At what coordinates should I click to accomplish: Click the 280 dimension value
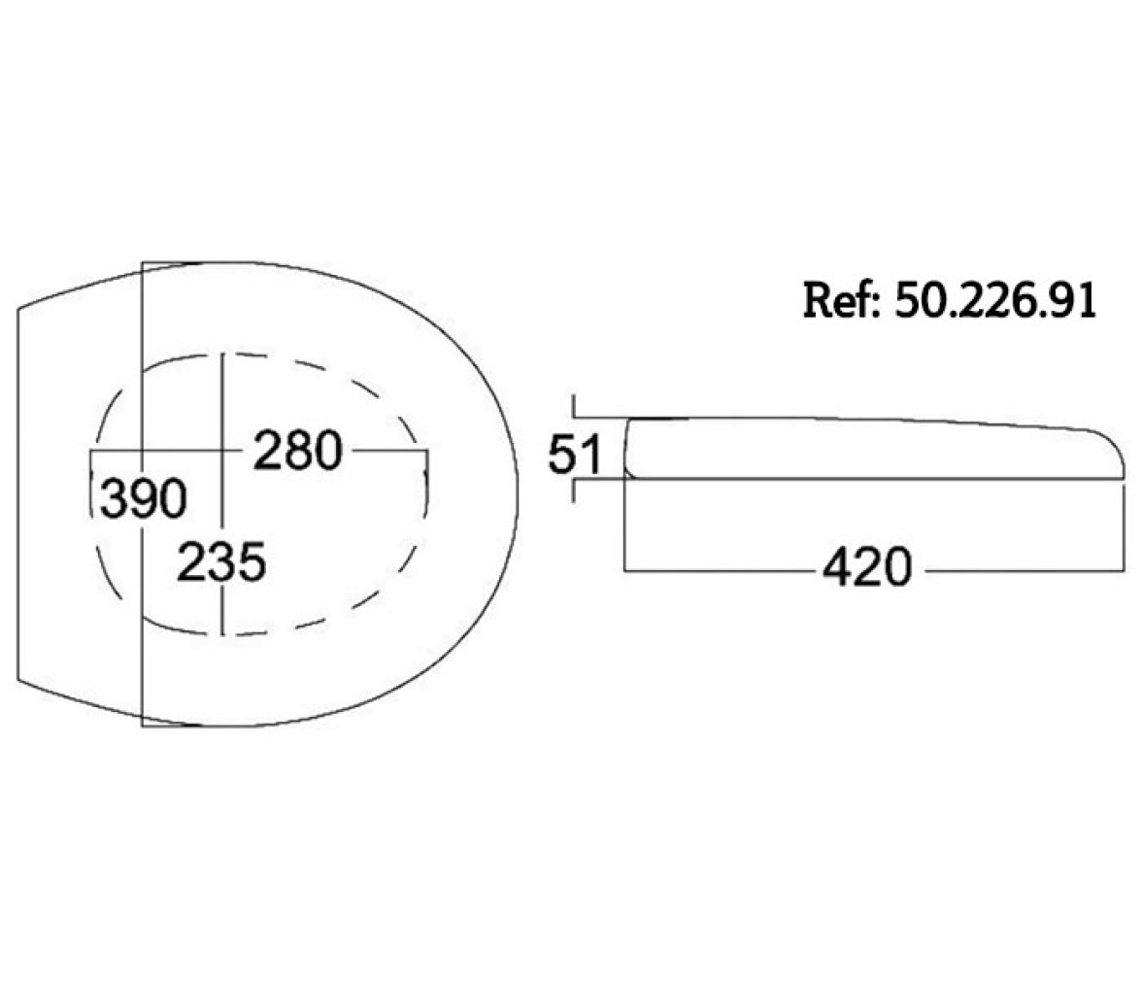click(x=298, y=451)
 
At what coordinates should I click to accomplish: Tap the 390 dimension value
click(x=143, y=498)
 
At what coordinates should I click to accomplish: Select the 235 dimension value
click(x=222, y=561)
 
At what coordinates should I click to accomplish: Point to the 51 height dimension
click(x=575, y=454)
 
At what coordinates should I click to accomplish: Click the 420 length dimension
click(x=866, y=567)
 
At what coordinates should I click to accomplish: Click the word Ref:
click(x=842, y=299)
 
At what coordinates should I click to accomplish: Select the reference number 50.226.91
click(x=994, y=299)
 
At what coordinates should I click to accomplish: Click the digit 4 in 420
click(x=837, y=567)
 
